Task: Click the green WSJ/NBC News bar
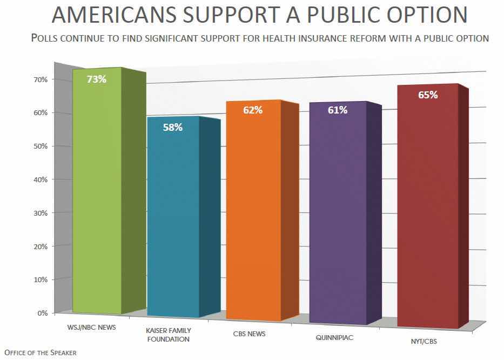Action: click(x=97, y=195)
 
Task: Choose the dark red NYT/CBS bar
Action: click(x=427, y=211)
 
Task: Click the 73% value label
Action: click(x=97, y=79)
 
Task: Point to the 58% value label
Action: click(x=173, y=128)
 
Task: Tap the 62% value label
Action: click(x=253, y=110)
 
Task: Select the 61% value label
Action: click(x=338, y=110)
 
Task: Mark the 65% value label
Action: click(x=427, y=95)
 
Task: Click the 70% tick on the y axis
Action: click(x=42, y=79)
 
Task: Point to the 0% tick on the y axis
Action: click(x=43, y=313)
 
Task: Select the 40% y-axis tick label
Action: click(x=42, y=179)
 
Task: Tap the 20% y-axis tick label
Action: click(x=42, y=246)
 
